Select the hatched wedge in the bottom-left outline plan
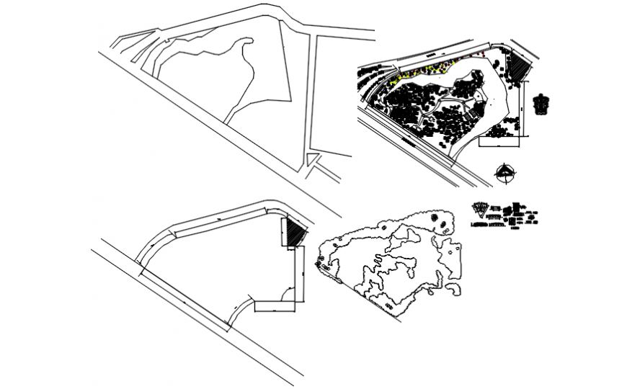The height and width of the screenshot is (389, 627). point(292,233)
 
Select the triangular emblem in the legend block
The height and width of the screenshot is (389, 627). point(481,210)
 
